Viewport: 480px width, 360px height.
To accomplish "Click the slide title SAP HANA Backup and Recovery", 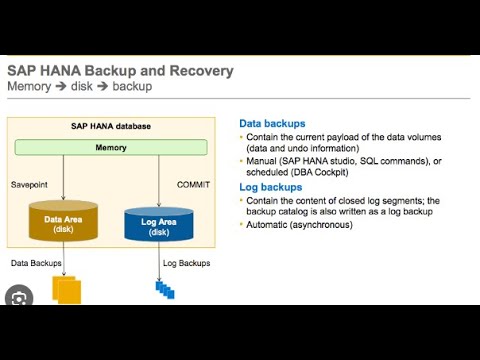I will point(120,71).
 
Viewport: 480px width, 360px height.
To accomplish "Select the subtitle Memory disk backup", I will point(80,87).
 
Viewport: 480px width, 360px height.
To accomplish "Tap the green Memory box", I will point(111,147).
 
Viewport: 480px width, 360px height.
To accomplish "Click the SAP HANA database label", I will point(110,127).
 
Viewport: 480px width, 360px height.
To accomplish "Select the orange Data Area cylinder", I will point(63,222).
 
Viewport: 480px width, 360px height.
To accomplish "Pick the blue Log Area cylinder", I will point(157,224).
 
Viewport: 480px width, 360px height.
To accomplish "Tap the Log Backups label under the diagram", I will point(186,263).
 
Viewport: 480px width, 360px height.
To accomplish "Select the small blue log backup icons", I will point(164,290).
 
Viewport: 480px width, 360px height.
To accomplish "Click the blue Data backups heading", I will point(273,121).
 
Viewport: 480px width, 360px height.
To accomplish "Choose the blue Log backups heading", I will point(270,187).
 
